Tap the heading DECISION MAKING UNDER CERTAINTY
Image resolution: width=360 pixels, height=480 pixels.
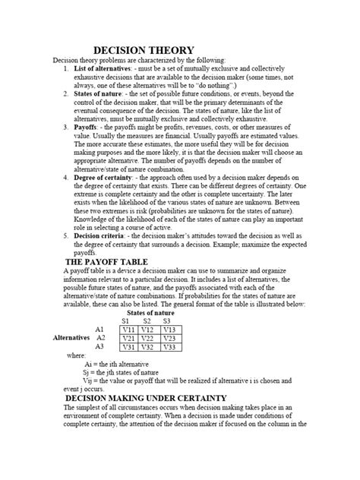[x=146, y=397]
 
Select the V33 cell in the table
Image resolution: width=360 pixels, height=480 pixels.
[x=170, y=347]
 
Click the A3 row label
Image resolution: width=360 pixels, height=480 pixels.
[x=99, y=347]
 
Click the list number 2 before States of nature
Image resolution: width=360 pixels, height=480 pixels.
[x=67, y=94]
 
